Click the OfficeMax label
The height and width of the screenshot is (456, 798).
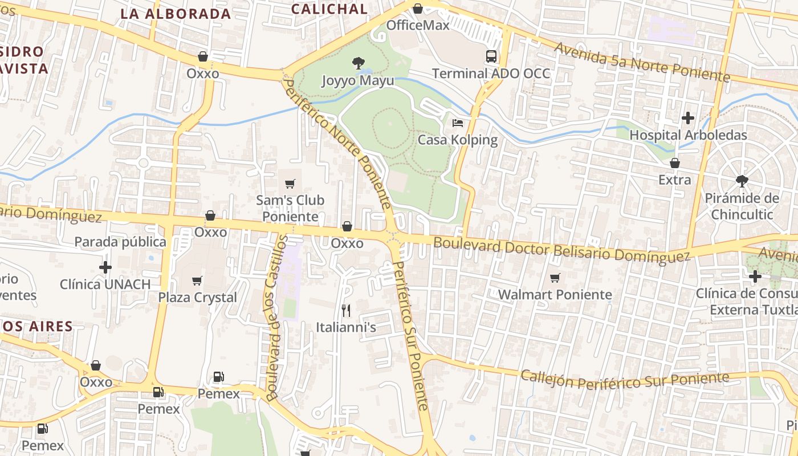(x=418, y=25)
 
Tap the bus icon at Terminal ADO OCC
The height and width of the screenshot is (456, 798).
(x=491, y=56)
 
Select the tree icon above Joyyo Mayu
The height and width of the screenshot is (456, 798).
(x=358, y=63)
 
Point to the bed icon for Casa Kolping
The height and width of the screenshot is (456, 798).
(x=458, y=123)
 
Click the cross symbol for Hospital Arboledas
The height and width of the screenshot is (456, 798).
(x=688, y=118)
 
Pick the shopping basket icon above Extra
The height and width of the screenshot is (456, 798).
(x=674, y=164)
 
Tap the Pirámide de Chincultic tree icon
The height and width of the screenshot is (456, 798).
(x=742, y=181)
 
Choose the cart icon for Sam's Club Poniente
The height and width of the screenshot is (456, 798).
(x=290, y=184)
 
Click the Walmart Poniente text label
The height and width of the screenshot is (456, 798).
(x=555, y=295)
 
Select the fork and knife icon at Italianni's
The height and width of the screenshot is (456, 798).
(x=345, y=311)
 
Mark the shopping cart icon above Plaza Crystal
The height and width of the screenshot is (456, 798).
(x=197, y=280)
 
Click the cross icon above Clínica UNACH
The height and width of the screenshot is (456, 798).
(x=105, y=267)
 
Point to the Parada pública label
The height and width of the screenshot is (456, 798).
(x=120, y=242)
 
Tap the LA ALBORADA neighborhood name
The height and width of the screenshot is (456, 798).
(x=176, y=14)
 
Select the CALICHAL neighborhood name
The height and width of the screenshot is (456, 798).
(x=329, y=9)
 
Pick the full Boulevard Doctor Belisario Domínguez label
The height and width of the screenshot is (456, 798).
(x=561, y=250)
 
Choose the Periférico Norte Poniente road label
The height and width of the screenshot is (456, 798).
(x=338, y=144)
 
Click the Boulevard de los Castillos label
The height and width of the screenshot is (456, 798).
(x=275, y=317)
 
